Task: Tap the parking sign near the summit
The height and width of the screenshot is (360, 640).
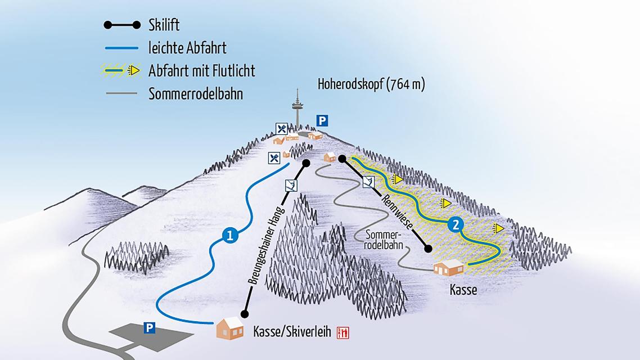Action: [x=321, y=120]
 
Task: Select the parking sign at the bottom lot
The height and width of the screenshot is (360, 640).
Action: [x=149, y=327]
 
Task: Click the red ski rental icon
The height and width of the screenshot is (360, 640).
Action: [x=342, y=332]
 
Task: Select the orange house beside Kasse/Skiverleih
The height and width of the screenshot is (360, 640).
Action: [x=229, y=328]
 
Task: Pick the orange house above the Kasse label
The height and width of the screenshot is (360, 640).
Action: [x=448, y=267]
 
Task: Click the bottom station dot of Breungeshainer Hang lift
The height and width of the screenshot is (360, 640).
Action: [x=244, y=314]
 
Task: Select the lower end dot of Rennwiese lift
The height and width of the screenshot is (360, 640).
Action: [x=428, y=249]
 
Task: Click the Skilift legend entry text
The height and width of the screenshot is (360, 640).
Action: [x=164, y=25]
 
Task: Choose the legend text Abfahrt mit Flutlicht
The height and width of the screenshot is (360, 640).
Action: [x=202, y=71]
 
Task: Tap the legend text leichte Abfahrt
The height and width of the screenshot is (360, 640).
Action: [x=187, y=48]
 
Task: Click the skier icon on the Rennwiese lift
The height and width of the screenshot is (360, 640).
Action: [x=369, y=182]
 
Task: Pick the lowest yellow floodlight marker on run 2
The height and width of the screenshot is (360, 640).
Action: [x=497, y=228]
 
